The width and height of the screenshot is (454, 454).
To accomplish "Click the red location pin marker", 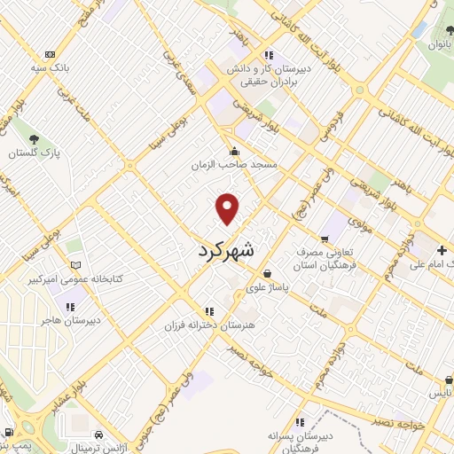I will click(x=228, y=207).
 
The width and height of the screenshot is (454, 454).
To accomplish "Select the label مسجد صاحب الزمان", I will click(x=234, y=165).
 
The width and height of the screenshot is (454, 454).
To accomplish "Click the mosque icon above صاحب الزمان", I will click(x=234, y=150).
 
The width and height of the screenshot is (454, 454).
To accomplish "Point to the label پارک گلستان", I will click(x=34, y=153).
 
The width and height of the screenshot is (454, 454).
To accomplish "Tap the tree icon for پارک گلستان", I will click(x=34, y=138).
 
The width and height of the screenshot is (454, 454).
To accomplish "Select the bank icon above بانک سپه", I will click(x=50, y=54).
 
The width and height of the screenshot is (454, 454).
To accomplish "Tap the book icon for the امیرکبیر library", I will click(x=77, y=265).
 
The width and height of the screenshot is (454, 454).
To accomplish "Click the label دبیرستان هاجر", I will click(x=74, y=320).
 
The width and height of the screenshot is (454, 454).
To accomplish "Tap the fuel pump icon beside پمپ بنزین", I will click(x=8, y=434).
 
